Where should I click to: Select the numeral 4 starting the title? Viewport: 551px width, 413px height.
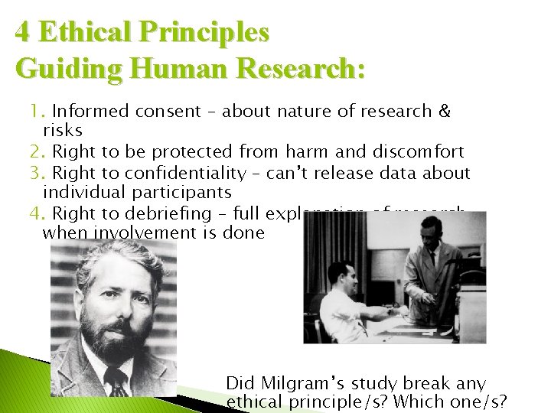point(24,33)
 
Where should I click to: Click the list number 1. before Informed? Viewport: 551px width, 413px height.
point(37,112)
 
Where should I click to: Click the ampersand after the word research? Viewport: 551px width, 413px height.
point(443,112)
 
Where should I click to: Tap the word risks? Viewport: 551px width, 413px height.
point(63,131)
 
